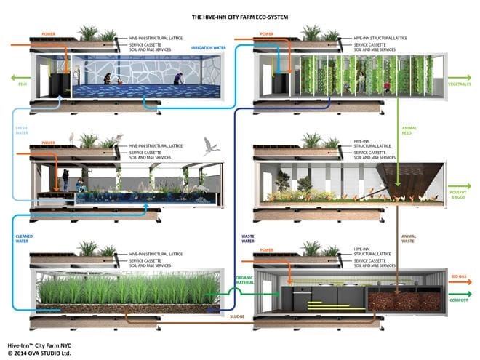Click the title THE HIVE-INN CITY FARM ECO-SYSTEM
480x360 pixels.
pyautogui.click(x=239, y=16)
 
